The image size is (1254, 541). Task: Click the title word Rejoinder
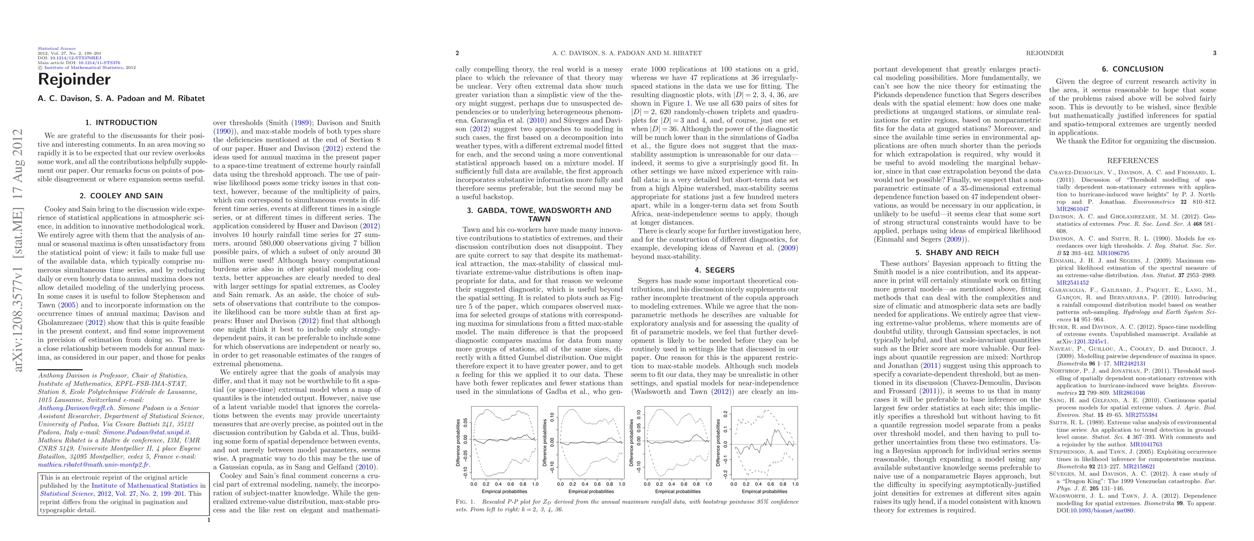74,79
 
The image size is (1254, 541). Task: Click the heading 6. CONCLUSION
1133,69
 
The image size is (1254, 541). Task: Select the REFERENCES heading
1132,160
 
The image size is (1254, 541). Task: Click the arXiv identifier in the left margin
18,250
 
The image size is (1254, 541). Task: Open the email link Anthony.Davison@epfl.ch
76,408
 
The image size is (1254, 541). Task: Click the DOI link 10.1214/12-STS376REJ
75,58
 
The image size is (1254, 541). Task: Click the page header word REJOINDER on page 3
1045,53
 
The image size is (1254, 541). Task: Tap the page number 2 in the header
457,53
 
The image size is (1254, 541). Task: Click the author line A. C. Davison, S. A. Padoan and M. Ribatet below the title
121,98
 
